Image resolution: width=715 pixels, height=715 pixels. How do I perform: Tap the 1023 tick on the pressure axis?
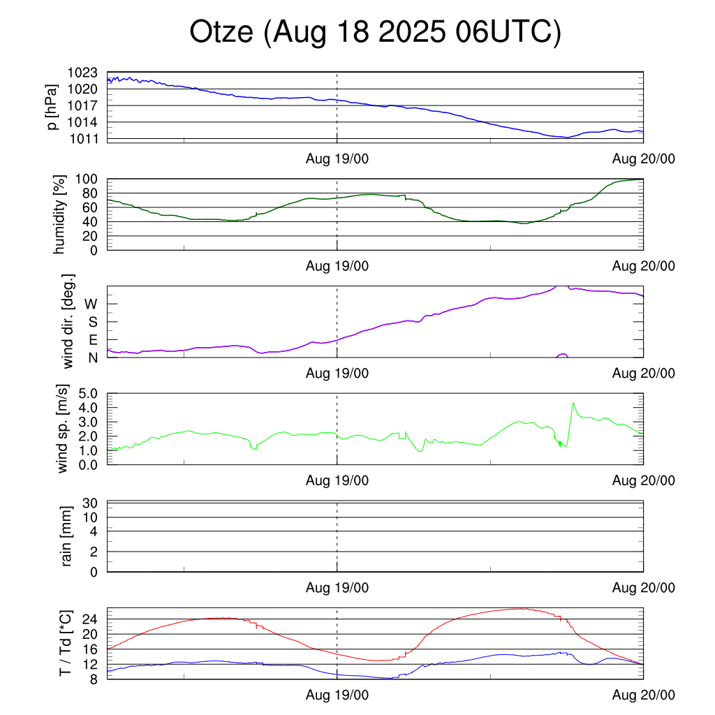pyautogui.click(x=82, y=73)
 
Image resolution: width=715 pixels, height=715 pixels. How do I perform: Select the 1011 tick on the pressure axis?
pyautogui.click(x=82, y=138)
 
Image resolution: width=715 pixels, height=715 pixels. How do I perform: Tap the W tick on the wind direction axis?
pyautogui.click(x=91, y=304)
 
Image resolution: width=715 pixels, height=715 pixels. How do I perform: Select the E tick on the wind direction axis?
pyautogui.click(x=92, y=340)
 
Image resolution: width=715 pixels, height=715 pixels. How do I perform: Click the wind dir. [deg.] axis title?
pyautogui.click(x=68, y=321)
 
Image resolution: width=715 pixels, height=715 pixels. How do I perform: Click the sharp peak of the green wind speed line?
pyautogui.click(x=573, y=403)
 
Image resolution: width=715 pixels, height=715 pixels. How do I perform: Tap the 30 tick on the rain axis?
pyautogui.click(x=89, y=503)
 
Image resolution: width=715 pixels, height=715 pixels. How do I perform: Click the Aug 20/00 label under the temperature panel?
pyautogui.click(x=643, y=695)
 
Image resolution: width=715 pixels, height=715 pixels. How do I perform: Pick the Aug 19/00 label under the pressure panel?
pyautogui.click(x=337, y=159)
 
